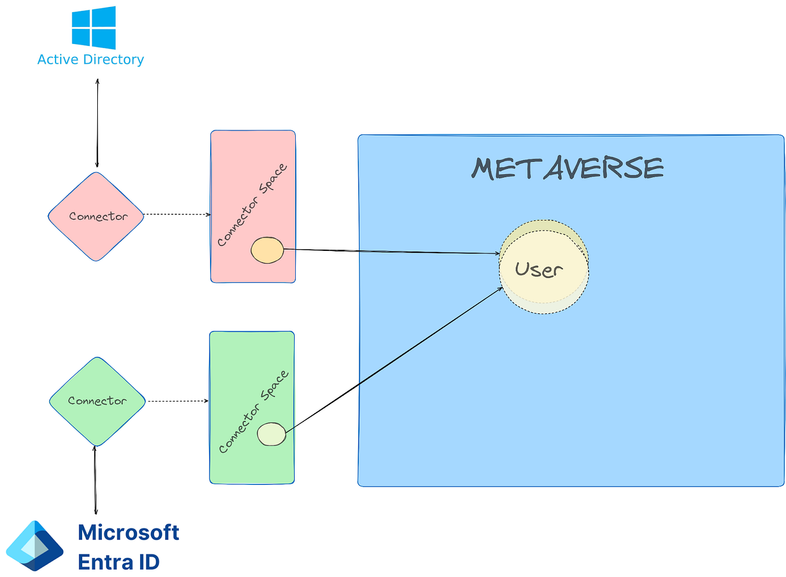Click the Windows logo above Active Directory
tap(93, 27)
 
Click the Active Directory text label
tap(90, 60)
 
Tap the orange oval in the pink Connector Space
tap(267, 250)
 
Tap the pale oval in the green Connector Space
tap(271, 434)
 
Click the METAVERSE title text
tap(567, 169)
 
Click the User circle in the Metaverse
tap(544, 268)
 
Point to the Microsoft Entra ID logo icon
tap(35, 546)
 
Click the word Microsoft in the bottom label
tap(128, 532)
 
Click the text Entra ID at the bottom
tap(119, 562)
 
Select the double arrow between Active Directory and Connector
tap(97, 123)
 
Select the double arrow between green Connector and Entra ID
tap(96, 480)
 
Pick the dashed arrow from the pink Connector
tap(177, 214)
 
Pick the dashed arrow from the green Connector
tap(178, 401)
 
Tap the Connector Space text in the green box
tap(254, 411)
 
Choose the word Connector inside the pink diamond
tap(98, 217)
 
